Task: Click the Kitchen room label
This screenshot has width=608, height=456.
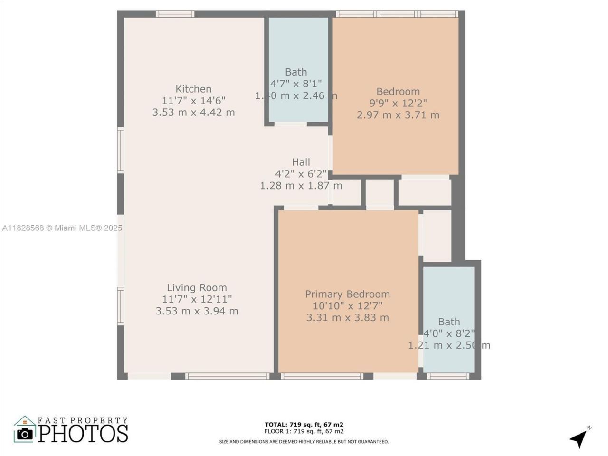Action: point(193,89)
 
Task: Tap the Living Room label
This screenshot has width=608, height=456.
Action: point(197,287)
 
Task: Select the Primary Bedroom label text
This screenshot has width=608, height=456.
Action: point(347,294)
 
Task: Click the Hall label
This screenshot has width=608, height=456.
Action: point(301,162)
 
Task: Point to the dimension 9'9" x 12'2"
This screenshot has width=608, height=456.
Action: point(398,103)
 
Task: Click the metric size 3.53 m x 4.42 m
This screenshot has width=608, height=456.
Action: point(193,113)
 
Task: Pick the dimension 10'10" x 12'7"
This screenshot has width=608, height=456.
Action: point(347,306)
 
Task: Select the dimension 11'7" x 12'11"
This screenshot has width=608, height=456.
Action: point(197,299)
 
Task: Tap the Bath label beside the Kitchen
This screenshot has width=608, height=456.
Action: point(296,72)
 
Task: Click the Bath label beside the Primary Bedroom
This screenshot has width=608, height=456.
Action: point(449,322)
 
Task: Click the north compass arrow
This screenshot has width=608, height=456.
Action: point(579,438)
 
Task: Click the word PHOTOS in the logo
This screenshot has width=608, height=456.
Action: point(83,433)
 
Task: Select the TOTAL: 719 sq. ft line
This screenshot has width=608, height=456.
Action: point(304,424)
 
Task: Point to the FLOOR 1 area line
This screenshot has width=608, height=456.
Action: point(304,431)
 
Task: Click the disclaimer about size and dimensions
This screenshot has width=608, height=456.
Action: point(304,442)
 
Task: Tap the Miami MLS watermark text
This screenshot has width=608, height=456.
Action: point(62,228)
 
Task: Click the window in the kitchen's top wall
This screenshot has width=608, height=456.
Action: point(175,14)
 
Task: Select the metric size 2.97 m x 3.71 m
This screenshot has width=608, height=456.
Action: point(398,115)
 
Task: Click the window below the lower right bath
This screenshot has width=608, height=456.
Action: point(448,376)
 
